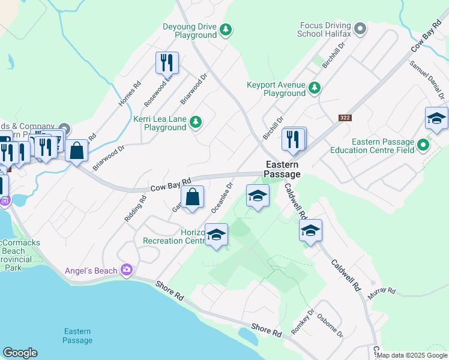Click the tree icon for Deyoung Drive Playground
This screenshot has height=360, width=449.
pos(225,29)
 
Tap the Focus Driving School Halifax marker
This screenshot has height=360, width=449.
pos(360,28)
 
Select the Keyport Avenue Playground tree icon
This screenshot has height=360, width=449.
pos(314,89)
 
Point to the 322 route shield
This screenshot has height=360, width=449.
pos(345,118)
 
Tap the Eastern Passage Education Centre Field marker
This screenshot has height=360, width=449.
pos(424,145)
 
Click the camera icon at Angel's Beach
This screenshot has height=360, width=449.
pos(126,271)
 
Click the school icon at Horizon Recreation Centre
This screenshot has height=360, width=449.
pos(216,235)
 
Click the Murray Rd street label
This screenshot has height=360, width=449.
pos(382,291)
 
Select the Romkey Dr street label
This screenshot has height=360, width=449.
pos(303,321)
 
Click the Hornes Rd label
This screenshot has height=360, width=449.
pos(130,94)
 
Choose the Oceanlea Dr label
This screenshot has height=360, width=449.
pos(221,197)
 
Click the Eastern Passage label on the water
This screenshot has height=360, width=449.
pos(77,336)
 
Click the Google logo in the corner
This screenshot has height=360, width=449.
pos(20,353)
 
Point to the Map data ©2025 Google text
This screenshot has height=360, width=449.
pos(411,355)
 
